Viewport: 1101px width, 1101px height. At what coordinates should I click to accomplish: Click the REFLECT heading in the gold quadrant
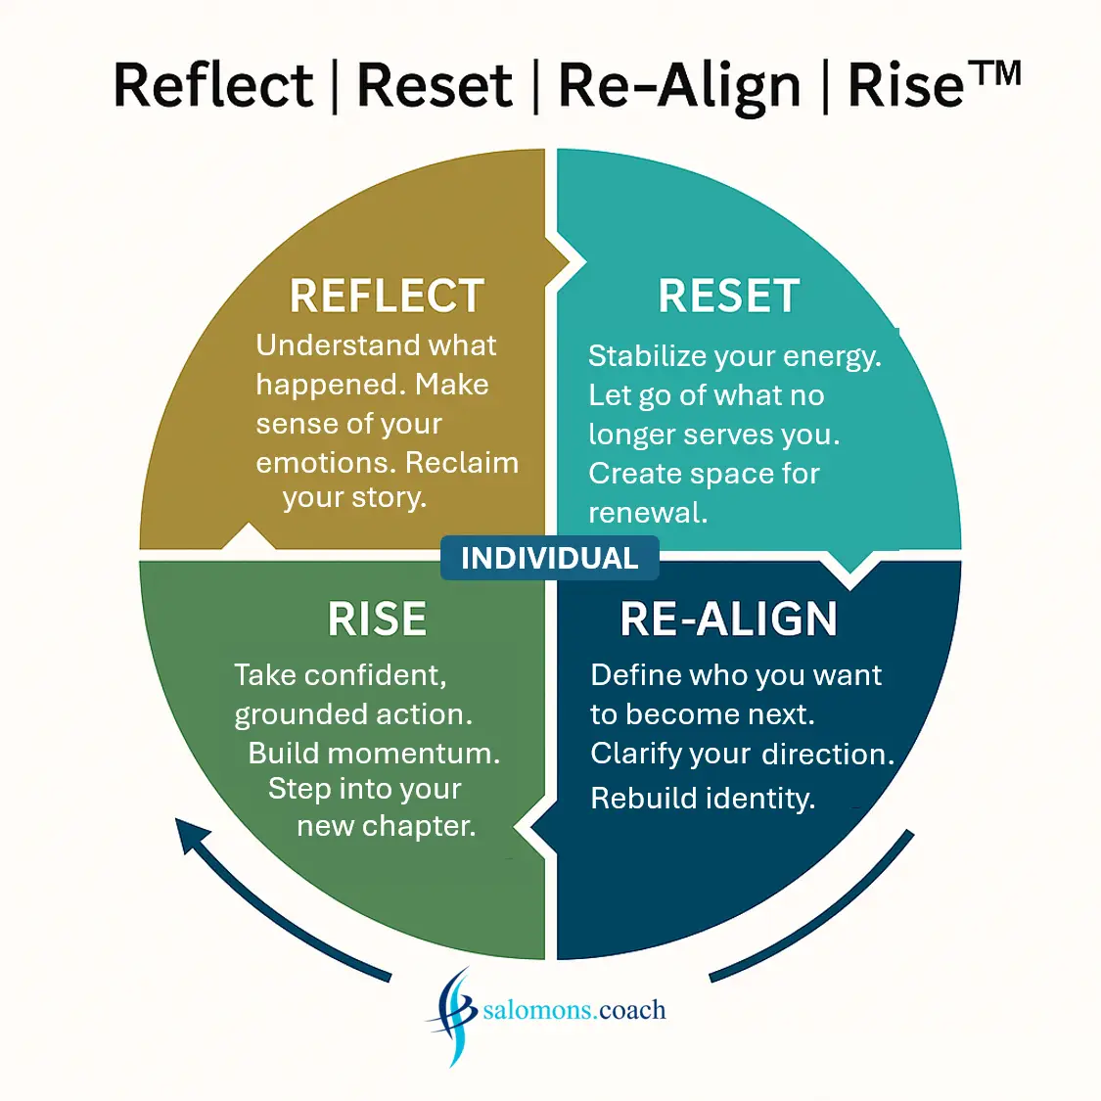pyautogui.click(x=387, y=296)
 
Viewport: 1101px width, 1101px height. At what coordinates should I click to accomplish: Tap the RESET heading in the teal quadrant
pyautogui.click(x=729, y=296)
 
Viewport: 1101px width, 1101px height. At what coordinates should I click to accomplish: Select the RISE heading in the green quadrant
pyautogui.click(x=377, y=619)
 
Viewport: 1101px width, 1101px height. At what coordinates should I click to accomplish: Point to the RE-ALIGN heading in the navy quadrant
pyautogui.click(x=729, y=619)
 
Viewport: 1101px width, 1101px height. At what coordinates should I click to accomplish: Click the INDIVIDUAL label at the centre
pyautogui.click(x=549, y=558)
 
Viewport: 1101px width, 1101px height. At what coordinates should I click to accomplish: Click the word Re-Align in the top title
pyautogui.click(x=679, y=86)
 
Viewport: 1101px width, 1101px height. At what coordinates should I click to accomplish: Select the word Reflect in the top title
pyautogui.click(x=212, y=85)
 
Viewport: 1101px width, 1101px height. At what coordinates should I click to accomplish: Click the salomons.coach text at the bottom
pyautogui.click(x=574, y=1010)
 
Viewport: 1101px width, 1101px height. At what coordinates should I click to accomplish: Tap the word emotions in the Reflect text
pyautogui.click(x=326, y=463)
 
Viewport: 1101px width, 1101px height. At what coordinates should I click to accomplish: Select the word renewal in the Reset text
pyautogui.click(x=647, y=513)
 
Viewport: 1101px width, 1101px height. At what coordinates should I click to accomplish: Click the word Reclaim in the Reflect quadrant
pyautogui.click(x=462, y=462)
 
